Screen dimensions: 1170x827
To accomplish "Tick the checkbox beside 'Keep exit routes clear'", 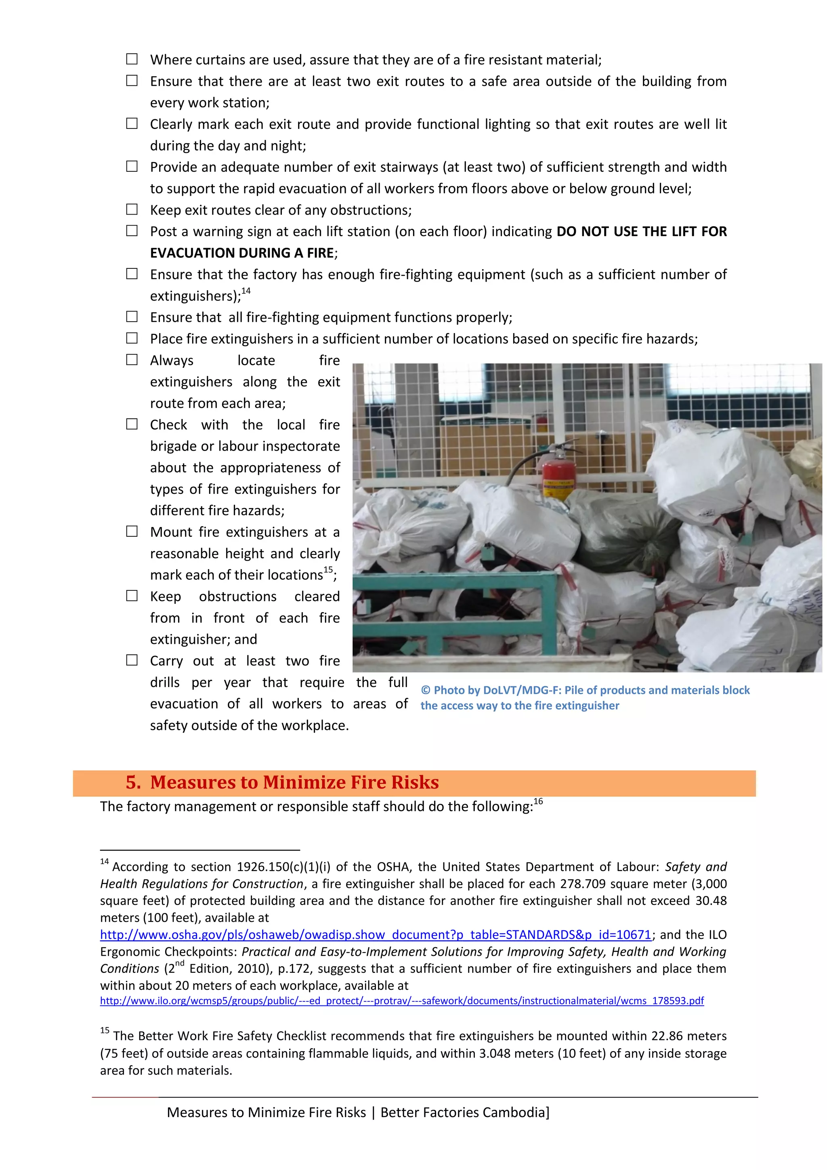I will (x=132, y=209).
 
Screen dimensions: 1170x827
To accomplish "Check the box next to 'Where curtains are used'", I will (x=132, y=59).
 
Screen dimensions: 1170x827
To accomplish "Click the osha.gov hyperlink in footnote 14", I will (x=375, y=934).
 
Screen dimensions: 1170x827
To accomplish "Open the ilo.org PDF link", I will (x=401, y=1000).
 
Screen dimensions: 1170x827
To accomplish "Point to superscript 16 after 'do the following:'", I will (x=538, y=801).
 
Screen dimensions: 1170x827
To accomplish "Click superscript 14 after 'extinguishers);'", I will (x=246, y=291).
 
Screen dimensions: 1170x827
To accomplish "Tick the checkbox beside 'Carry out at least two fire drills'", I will (x=132, y=660).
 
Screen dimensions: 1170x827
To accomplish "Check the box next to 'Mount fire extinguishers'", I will (x=132, y=531).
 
